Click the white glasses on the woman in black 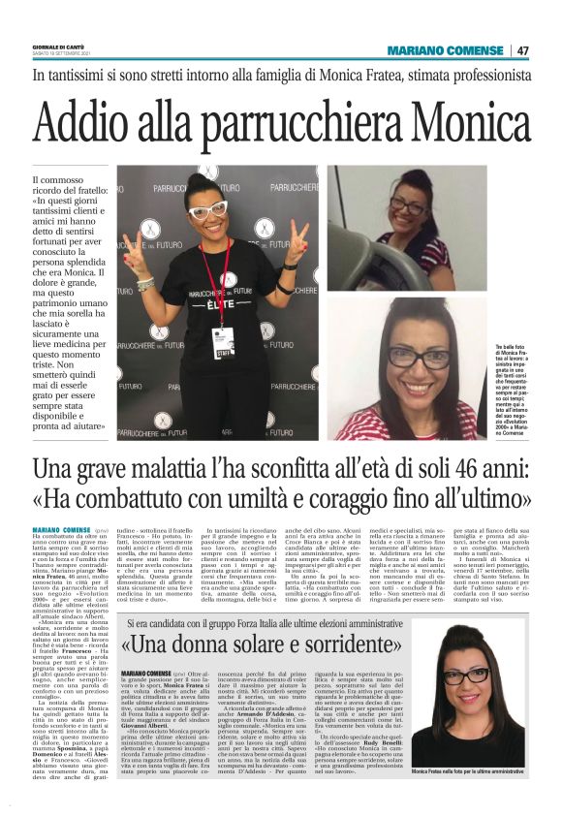coord(207,210)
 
